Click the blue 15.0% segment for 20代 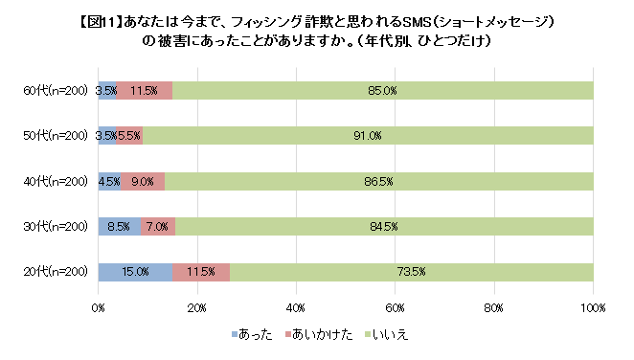[x=135, y=272]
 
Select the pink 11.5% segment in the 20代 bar [x=201, y=272]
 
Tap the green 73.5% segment [x=411, y=272]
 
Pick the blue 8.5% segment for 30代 [x=120, y=227]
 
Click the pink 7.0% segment [x=158, y=227]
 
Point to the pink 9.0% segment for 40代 [x=143, y=181]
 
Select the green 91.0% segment [x=368, y=136]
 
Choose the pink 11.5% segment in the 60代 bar [x=145, y=91]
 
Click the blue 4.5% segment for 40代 [x=109, y=181]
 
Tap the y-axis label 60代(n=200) [x=56, y=91]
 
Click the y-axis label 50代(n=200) [x=56, y=136]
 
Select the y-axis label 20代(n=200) [x=56, y=272]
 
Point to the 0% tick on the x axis [x=99, y=308]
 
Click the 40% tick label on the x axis [x=296, y=308]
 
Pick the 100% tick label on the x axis [x=593, y=308]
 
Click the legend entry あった [x=252, y=334]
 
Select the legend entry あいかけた [x=319, y=334]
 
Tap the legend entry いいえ [x=387, y=334]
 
